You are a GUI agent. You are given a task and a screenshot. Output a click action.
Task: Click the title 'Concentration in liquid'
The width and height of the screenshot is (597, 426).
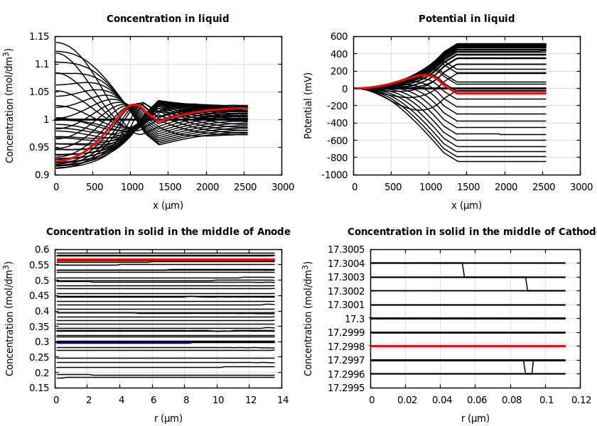(x=168, y=19)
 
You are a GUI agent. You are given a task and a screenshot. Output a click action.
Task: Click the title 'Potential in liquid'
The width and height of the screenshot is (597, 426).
(x=466, y=19)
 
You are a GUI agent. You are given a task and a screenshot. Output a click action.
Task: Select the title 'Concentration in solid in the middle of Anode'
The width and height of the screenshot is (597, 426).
(x=168, y=232)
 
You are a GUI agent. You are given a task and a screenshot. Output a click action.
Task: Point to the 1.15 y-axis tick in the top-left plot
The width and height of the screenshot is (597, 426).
(x=40, y=36)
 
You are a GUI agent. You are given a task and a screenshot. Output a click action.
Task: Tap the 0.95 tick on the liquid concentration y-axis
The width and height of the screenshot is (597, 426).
(x=40, y=147)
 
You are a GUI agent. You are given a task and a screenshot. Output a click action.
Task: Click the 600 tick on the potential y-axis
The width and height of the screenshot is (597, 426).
(x=339, y=36)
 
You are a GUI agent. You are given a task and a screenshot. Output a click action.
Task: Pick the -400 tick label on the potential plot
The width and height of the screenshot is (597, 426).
(x=336, y=123)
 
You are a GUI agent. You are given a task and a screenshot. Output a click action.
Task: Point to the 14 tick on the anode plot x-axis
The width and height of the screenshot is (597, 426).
(x=282, y=400)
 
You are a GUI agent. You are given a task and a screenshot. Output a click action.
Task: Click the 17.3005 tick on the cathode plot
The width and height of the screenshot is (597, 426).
(x=346, y=249)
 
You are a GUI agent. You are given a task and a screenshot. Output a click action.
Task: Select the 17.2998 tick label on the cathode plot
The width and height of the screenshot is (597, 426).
(x=346, y=346)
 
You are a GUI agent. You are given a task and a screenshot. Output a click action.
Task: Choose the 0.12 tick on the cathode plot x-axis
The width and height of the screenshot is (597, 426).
(x=581, y=400)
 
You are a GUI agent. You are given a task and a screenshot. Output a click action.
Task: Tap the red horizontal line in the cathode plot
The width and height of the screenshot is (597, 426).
(x=469, y=346)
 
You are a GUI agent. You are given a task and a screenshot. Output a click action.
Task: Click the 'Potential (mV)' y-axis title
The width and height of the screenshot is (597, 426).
(x=308, y=105)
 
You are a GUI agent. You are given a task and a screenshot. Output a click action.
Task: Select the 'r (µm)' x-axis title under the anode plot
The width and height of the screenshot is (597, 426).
(x=168, y=418)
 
